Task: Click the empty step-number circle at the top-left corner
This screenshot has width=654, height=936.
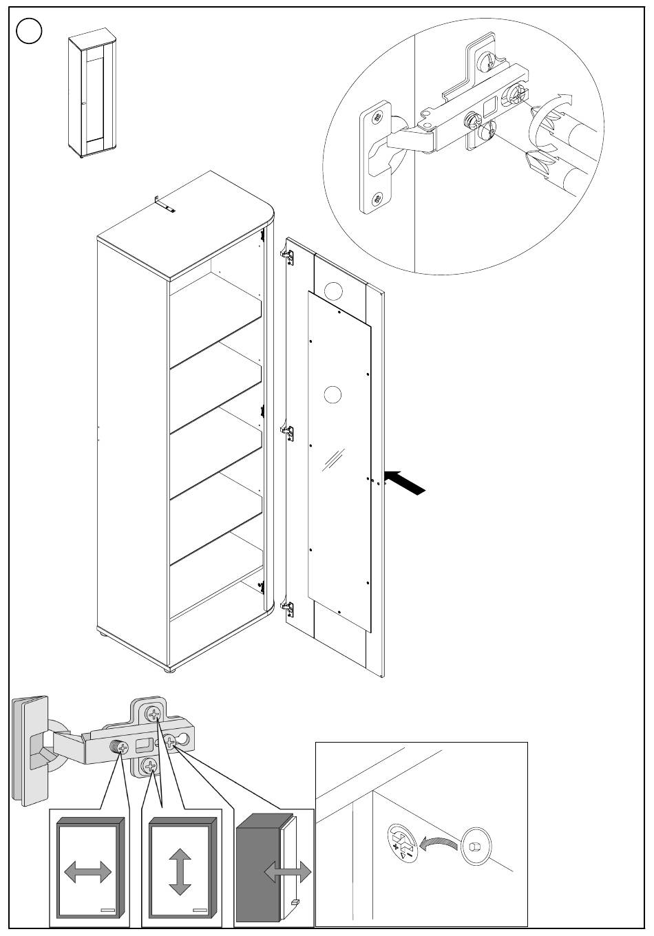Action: pyautogui.click(x=30, y=30)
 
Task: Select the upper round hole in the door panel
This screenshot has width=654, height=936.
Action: pyautogui.click(x=335, y=291)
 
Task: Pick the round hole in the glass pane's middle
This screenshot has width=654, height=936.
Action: pyautogui.click(x=332, y=396)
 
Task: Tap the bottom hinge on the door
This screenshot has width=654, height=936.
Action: pyautogui.click(x=289, y=608)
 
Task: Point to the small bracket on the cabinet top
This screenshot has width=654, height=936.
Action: pyautogui.click(x=165, y=204)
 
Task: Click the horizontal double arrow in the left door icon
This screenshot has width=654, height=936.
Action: pyautogui.click(x=87, y=873)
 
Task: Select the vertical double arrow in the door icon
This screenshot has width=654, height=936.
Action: pyautogui.click(x=180, y=871)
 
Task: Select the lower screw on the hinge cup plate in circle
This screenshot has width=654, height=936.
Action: pyautogui.click(x=376, y=199)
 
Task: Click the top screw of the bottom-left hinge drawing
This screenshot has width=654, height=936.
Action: pyautogui.click(x=154, y=713)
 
